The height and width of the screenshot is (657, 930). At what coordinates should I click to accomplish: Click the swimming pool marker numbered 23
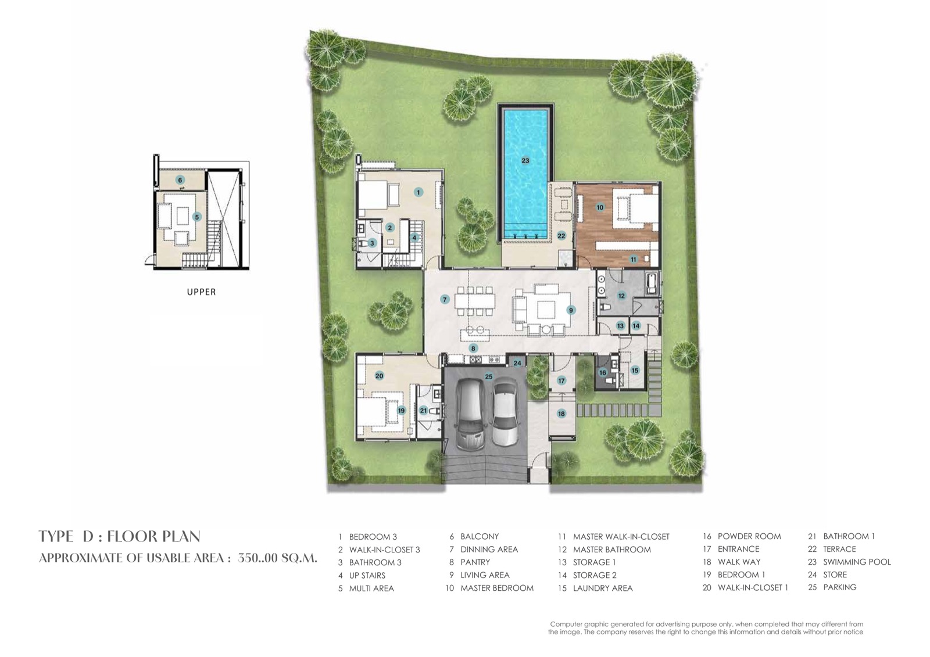pos(525,160)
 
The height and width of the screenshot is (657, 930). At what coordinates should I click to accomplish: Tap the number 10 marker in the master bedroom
pos(599,207)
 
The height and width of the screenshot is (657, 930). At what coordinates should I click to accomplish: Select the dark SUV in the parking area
pos(470,415)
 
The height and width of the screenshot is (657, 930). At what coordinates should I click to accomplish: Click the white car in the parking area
pos(505,414)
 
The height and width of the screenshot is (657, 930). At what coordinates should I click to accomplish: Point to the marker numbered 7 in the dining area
pos(445,299)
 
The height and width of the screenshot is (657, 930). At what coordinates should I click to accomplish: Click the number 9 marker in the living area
pos(571,310)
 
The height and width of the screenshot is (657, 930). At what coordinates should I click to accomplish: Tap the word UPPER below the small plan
pos(201,292)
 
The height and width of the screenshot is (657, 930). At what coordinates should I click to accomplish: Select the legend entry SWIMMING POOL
pos(857,562)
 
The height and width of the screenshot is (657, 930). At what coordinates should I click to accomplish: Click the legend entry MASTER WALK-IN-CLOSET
pos(621,537)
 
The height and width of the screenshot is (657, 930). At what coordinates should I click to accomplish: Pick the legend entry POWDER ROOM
pos(749,536)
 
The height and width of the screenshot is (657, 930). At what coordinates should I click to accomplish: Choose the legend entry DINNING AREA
pos(489,550)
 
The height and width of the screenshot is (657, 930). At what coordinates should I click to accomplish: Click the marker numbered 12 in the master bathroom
pos(621,296)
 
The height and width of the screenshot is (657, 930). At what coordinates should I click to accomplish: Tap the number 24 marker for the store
pos(517,363)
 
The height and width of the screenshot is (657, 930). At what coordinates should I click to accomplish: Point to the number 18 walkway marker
pos(561,414)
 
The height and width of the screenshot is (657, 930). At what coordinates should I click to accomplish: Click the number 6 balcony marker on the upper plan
pos(180,179)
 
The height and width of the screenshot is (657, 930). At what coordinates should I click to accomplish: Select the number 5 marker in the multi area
pos(197,217)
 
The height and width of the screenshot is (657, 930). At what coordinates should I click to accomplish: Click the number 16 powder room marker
pos(602,373)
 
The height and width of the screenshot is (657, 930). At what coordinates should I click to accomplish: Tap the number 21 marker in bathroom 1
pos(423,411)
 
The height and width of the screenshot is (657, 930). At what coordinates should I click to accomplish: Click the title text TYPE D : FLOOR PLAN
pos(120,537)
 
